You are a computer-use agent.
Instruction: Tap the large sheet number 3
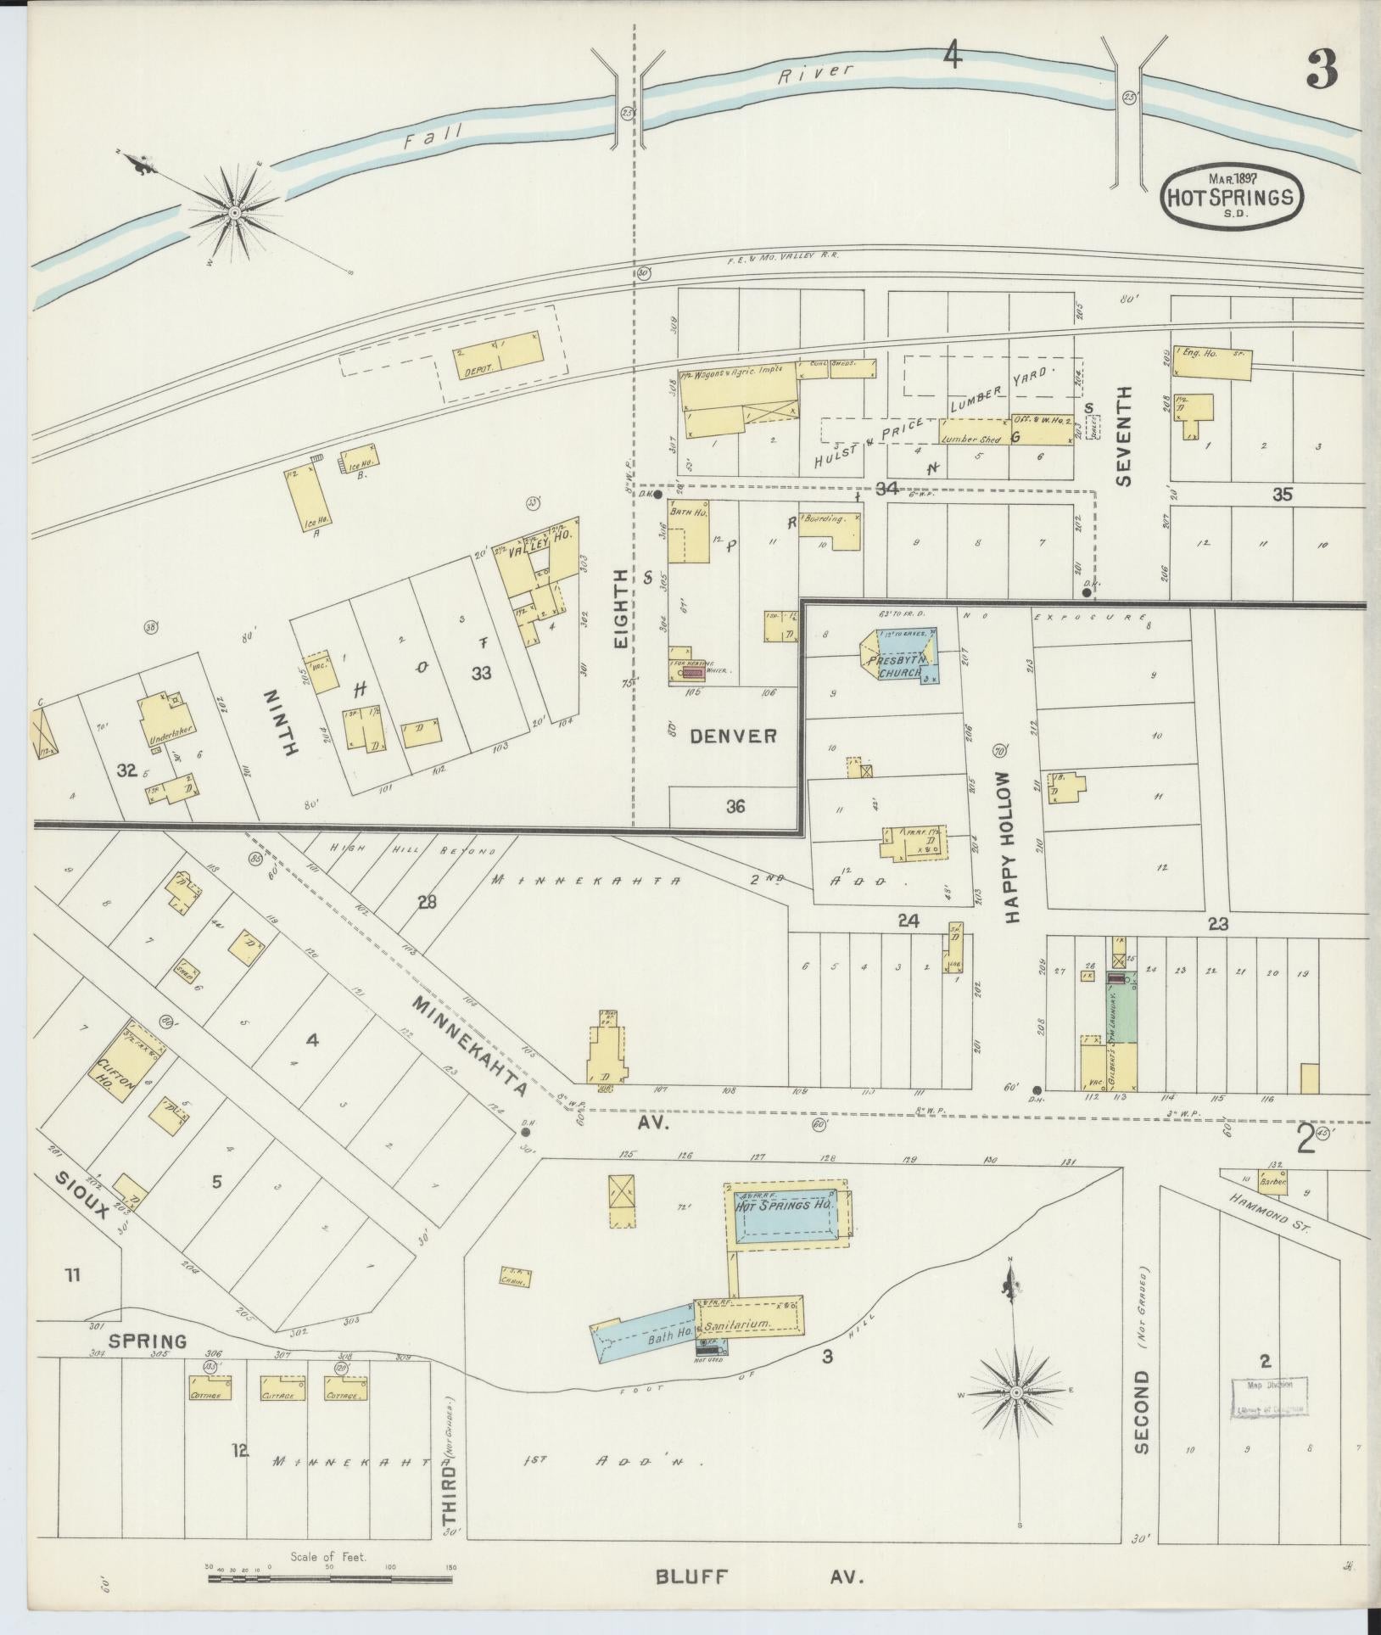click(x=1322, y=70)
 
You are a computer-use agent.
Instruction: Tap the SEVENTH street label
click(x=1124, y=435)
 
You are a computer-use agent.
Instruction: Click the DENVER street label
click(x=732, y=736)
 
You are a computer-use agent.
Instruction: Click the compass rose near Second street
click(x=1015, y=1393)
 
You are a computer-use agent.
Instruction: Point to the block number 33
click(x=481, y=673)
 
